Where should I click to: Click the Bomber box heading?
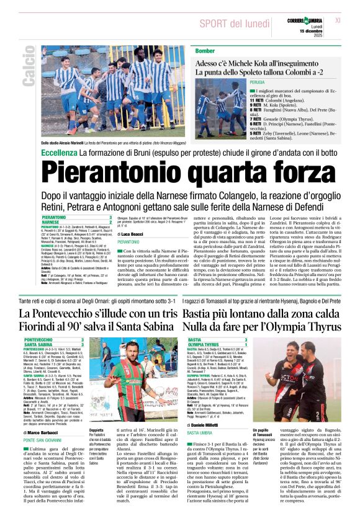(205, 50)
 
